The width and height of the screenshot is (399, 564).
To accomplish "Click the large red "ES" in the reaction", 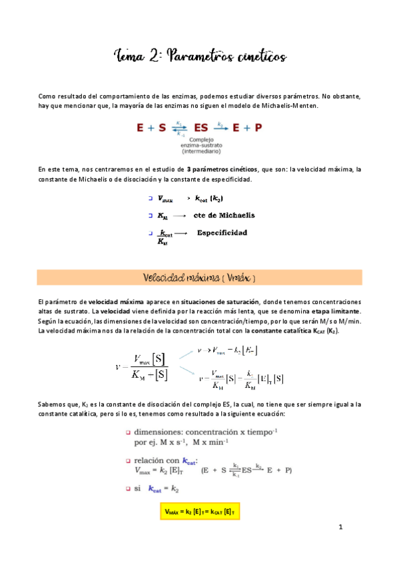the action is pyautogui.click(x=200, y=126).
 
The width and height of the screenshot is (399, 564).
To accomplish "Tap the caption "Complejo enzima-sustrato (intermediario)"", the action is pyautogui.click(x=200, y=145).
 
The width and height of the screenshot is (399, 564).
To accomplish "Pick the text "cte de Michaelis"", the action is pyautogui.click(x=224, y=215).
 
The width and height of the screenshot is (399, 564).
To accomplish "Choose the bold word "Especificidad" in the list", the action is pyautogui.click(x=222, y=233).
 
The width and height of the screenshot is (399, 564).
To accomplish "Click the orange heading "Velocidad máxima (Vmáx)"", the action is pyautogui.click(x=199, y=277).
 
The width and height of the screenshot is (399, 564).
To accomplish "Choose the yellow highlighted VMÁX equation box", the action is pyautogui.click(x=200, y=511).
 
